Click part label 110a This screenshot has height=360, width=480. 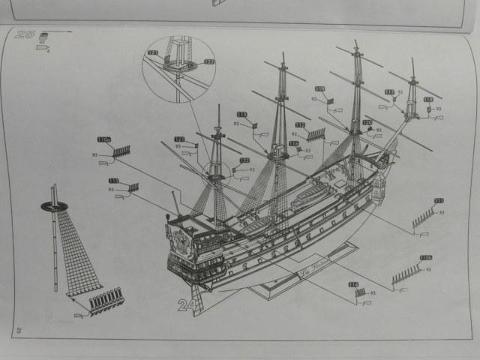[104, 139]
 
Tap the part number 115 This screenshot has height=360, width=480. [241, 114]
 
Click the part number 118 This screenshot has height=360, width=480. [428, 99]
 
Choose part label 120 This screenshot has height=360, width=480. [367, 122]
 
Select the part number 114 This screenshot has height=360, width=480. [352, 284]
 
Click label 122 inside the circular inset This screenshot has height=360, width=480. [208, 61]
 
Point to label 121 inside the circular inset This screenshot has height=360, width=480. [153, 52]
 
